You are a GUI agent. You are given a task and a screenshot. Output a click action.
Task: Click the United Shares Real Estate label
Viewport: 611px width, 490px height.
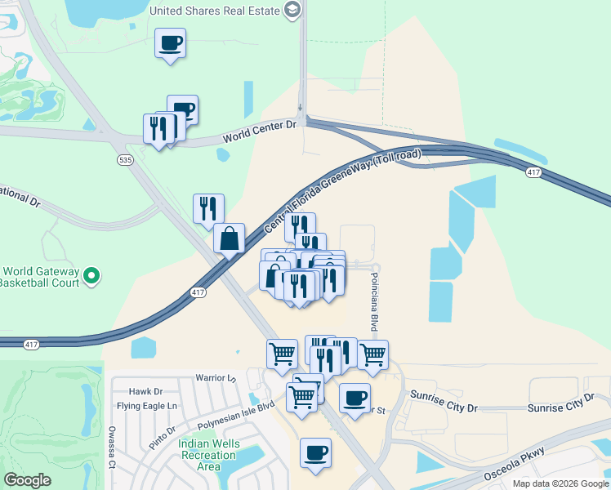click(214, 11)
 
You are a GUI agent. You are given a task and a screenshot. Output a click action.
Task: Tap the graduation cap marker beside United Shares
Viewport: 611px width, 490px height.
click(292, 11)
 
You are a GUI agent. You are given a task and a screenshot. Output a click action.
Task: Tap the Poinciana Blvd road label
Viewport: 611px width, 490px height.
click(377, 302)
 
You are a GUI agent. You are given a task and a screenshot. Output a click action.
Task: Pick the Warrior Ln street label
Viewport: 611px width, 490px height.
click(215, 378)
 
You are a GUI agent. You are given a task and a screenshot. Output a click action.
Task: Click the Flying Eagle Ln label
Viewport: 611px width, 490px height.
click(147, 406)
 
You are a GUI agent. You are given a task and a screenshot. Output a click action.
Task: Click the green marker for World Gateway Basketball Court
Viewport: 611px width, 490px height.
click(91, 277)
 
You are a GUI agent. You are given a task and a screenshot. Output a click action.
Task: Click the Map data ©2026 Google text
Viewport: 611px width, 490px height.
click(559, 483)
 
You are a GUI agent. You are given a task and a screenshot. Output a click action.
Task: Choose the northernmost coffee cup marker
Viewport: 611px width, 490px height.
click(170, 42)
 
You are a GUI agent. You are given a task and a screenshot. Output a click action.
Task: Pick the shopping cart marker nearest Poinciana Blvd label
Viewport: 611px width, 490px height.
click(372, 354)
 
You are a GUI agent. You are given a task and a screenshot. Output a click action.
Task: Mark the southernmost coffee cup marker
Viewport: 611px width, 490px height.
click(315, 452)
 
